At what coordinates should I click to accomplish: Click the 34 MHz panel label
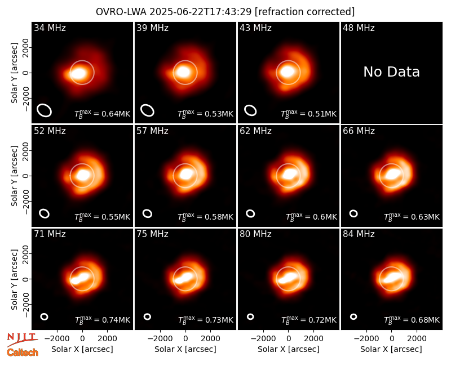pyautogui.click(x=50, y=28)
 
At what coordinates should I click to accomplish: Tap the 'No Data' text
pyautogui.click(x=391, y=72)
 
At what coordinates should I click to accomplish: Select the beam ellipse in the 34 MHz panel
pyautogui.click(x=45, y=110)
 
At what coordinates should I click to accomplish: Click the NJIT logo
pyautogui.click(x=22, y=339)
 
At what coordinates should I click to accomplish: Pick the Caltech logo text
pyautogui.click(x=23, y=352)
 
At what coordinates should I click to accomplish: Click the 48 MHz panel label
pyautogui.click(x=359, y=28)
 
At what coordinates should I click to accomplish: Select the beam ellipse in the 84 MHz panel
pyautogui.click(x=353, y=316)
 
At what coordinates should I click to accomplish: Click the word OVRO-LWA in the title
pyautogui.click(x=121, y=12)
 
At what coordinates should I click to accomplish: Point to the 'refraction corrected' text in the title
pyautogui.click(x=305, y=12)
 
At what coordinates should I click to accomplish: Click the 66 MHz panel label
pyautogui.click(x=359, y=131)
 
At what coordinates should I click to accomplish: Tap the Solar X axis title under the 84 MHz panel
pyautogui.click(x=391, y=349)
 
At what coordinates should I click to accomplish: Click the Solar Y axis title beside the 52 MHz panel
pyautogui.click(x=15, y=176)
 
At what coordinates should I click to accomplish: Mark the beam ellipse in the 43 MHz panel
pyautogui.click(x=250, y=110)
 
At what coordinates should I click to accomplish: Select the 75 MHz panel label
pyautogui.click(x=152, y=234)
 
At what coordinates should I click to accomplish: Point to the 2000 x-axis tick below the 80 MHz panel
pyautogui.click(x=313, y=339)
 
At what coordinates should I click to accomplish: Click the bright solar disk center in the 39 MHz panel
pyautogui.click(x=184, y=72)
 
